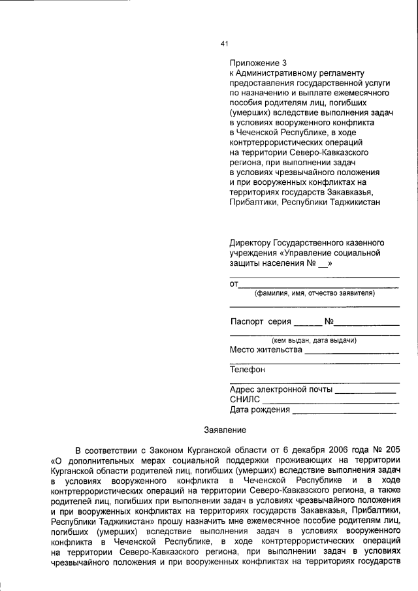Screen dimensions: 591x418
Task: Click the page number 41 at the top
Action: pos(224,44)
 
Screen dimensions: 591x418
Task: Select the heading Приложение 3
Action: pos(258,63)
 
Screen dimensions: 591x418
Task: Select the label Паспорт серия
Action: pos(261,322)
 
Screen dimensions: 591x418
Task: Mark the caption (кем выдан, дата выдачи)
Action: pos(314,340)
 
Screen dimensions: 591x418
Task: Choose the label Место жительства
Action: pos(266,350)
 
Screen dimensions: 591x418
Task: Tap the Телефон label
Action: pos(248,370)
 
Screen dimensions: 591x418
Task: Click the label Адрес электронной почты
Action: pos(281,390)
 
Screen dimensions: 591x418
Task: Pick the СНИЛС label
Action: pos(245,400)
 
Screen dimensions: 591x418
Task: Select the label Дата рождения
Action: pos(259,410)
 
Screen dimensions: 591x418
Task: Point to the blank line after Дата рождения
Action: pos(344,413)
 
